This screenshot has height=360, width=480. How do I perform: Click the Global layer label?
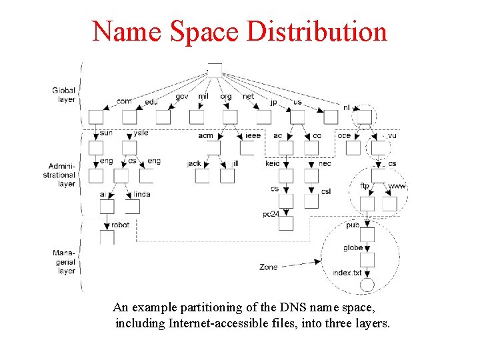click(64, 95)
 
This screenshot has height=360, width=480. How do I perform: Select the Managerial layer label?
click(65, 262)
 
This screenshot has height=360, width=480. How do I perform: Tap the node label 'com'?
click(124, 101)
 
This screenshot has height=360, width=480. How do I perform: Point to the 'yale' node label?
click(141, 133)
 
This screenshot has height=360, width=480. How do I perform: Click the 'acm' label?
click(206, 135)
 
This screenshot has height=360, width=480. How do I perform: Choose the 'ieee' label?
click(253, 135)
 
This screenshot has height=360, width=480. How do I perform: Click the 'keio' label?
click(273, 163)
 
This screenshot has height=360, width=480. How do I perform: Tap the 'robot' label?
click(121, 225)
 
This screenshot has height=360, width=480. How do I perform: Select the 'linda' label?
click(142, 194)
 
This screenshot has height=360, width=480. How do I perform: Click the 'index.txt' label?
click(347, 273)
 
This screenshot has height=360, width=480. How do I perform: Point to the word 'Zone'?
click(269, 267)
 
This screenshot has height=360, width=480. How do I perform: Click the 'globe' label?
click(353, 248)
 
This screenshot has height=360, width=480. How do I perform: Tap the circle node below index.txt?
click(367, 286)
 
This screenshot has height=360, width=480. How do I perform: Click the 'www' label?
click(397, 186)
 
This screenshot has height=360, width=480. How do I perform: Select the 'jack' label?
click(194, 163)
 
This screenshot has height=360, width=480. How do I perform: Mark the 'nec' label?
click(325, 163)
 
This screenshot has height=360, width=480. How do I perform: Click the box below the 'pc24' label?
click(286, 223)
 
